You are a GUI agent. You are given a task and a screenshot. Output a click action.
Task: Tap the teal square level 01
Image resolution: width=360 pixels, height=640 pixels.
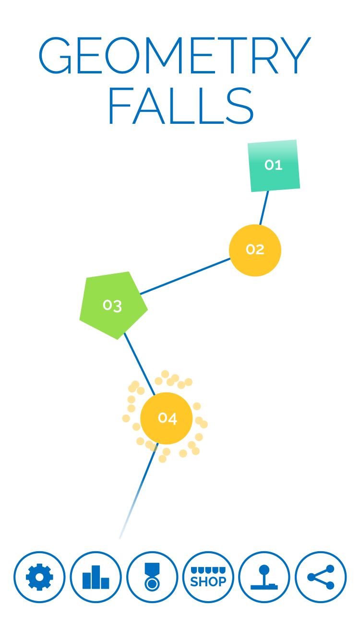pyautogui.click(x=274, y=166)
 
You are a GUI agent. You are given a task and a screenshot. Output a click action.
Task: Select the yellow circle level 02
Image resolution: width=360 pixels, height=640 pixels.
pyautogui.click(x=255, y=250)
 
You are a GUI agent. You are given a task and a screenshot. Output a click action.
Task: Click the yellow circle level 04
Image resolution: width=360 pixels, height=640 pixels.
pyautogui.click(x=167, y=418)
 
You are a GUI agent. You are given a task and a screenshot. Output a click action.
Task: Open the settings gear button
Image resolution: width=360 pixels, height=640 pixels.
pyautogui.click(x=39, y=577)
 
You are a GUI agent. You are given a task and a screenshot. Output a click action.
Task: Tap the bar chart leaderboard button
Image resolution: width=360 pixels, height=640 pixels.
pyautogui.click(x=96, y=577)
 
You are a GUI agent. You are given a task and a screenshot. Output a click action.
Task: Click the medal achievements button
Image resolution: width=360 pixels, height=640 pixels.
pyautogui.click(x=152, y=577)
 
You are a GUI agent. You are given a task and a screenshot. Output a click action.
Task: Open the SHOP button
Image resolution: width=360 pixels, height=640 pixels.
pyautogui.click(x=208, y=577)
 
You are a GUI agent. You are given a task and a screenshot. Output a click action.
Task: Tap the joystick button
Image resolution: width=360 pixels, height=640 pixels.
pyautogui.click(x=264, y=577)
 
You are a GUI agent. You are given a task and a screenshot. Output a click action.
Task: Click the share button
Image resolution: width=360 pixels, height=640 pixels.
pyautogui.click(x=321, y=577)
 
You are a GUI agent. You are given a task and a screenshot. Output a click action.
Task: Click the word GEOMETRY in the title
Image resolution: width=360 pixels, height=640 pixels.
pyautogui.click(x=175, y=56)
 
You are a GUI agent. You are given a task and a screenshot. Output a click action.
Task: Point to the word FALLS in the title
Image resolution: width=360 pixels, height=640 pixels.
pyautogui.click(x=181, y=106)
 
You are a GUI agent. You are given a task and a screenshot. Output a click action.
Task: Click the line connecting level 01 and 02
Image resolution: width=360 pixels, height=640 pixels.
pyautogui.click(x=264, y=208)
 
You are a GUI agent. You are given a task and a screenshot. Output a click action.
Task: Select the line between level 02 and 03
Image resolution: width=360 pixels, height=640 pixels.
pyautogui.click(x=185, y=276)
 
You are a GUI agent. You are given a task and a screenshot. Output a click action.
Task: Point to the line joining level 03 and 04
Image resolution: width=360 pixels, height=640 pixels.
pyautogui.click(x=140, y=364)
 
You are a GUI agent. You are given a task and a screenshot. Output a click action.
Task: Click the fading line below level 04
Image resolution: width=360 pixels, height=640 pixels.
pyautogui.click(x=139, y=491)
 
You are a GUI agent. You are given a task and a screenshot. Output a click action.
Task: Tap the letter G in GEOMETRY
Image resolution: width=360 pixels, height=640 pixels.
pyautogui.click(x=55, y=56)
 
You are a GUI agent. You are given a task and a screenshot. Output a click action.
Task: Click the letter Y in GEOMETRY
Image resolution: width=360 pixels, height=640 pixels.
pyautogui.click(x=296, y=56)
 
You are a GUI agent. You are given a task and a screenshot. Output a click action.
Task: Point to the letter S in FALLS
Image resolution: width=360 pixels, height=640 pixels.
pyautogui.click(x=240, y=106)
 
